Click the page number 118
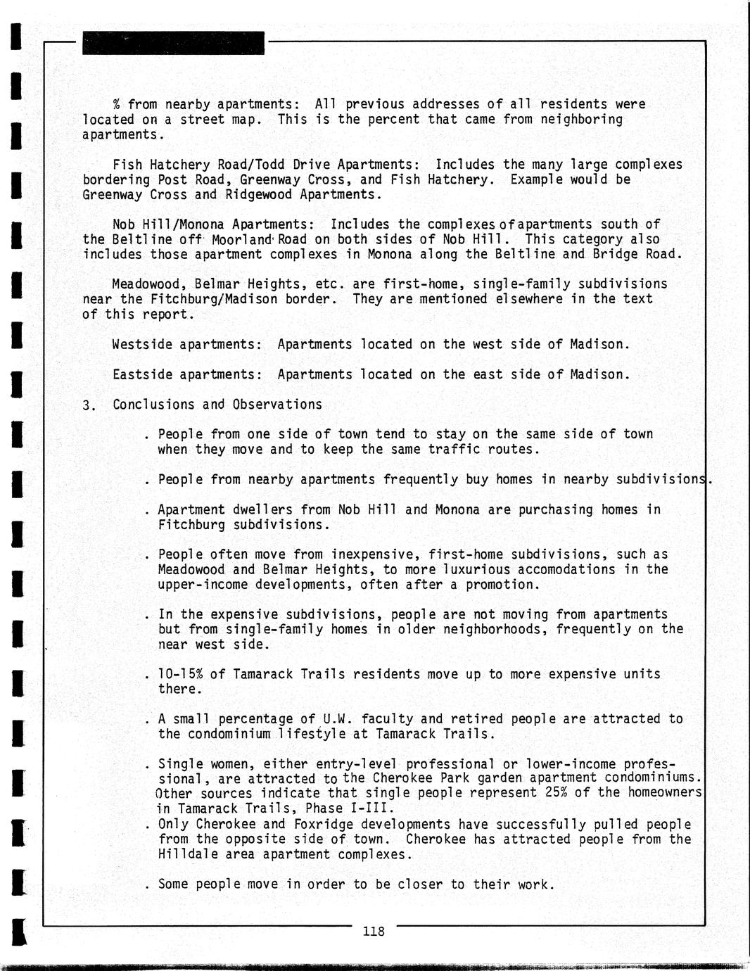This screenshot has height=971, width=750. coord(374,932)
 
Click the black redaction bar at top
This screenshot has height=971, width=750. coord(173,44)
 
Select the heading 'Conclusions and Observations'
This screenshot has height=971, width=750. coord(217,405)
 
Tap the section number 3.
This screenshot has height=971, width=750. coord(87,406)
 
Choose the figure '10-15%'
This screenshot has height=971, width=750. coord(180,674)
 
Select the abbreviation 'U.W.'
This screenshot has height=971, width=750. coord(340,719)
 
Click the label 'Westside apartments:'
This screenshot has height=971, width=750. coord(187,345)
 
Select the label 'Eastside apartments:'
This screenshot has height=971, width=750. coord(187,374)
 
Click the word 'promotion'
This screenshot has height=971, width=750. coord(502,585)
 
